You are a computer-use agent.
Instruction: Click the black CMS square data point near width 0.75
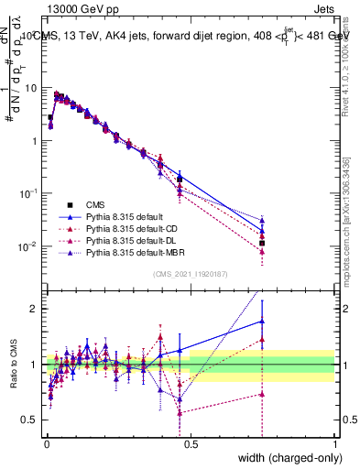(262, 243)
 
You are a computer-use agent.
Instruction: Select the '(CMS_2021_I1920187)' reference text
(191, 274)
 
